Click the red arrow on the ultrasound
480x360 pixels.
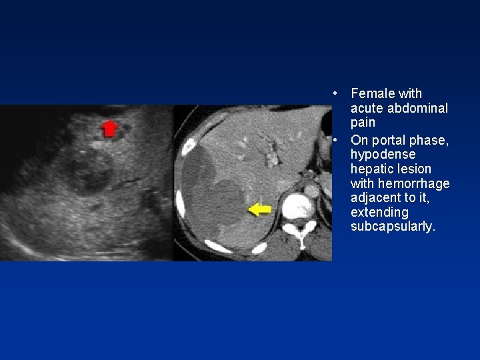point(109,127)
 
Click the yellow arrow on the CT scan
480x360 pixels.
point(259,210)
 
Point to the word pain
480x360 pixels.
point(363,123)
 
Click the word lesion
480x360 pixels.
point(415,169)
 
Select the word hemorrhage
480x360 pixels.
point(413,183)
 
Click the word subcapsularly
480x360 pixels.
point(393,227)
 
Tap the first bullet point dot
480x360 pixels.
point(338,93)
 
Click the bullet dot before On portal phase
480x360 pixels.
point(338,140)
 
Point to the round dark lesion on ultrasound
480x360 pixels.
point(91,171)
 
